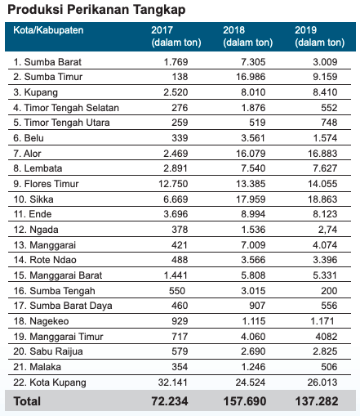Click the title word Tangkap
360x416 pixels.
coord(159,10)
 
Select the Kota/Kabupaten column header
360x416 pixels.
coord(48,30)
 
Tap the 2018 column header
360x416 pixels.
coord(248,36)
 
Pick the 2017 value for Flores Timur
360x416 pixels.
coord(173,184)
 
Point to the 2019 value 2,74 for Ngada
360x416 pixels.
coord(327,230)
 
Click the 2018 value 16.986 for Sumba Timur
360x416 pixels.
coord(251,77)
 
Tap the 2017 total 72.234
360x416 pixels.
coord(170,401)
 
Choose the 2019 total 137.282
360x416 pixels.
coord(317,401)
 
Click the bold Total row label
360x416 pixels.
coord(27,401)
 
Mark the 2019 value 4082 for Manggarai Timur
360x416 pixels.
coord(327,337)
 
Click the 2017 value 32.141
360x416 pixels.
coord(173,382)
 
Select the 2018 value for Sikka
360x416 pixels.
coord(251,199)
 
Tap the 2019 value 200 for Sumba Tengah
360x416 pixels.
coord(329,291)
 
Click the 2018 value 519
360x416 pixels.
coord(257,123)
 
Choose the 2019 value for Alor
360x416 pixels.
coord(322,154)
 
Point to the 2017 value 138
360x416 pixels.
coord(180,77)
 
